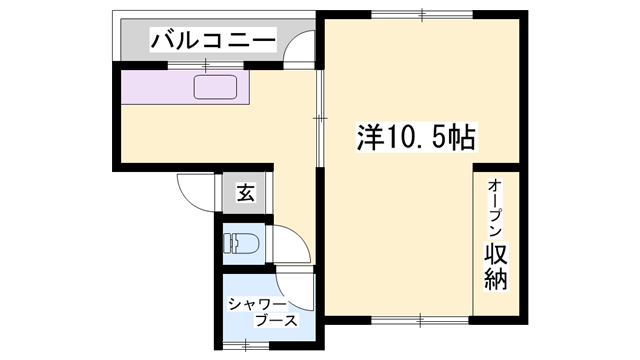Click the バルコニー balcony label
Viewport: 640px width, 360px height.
coord(212,41)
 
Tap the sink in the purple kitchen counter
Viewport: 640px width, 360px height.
coord(218,88)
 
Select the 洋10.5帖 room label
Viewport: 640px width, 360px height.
coord(415,136)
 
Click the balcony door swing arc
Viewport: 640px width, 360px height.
coord(300,47)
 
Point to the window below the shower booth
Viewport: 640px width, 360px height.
coord(244,345)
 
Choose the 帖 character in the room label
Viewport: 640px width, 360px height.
coord(461,136)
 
